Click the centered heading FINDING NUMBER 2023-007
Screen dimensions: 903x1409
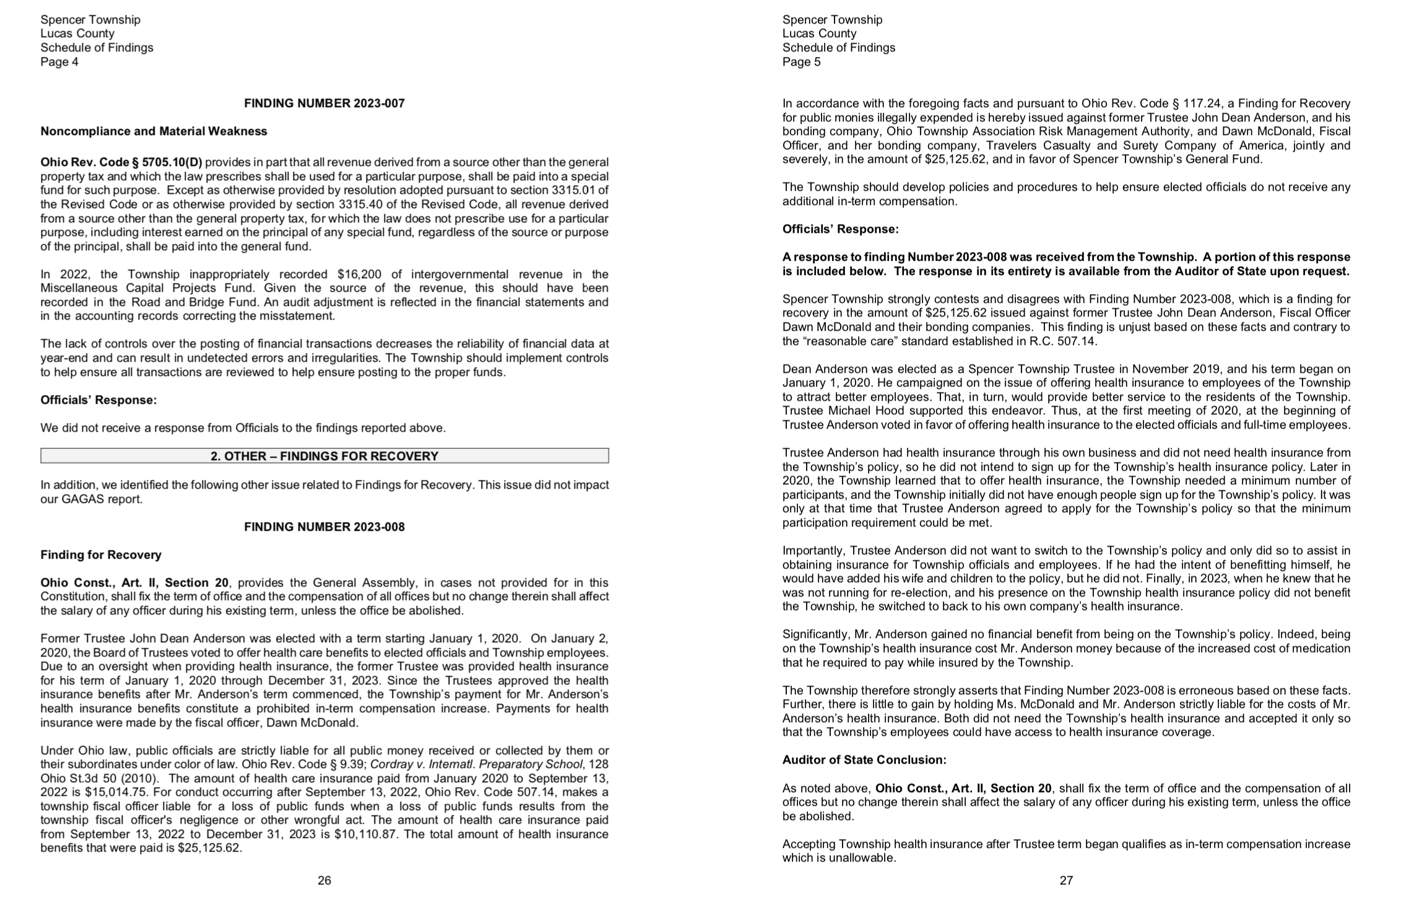pyautogui.click(x=324, y=103)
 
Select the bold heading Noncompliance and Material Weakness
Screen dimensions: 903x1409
pyautogui.click(x=154, y=131)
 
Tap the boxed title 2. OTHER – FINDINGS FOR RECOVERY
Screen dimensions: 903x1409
pyautogui.click(x=324, y=456)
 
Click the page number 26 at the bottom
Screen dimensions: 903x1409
pyautogui.click(x=324, y=880)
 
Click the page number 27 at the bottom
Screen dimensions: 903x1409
pyautogui.click(x=1066, y=880)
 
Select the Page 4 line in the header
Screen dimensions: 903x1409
pyautogui.click(x=59, y=62)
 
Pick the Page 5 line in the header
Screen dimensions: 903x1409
pyautogui.click(x=801, y=62)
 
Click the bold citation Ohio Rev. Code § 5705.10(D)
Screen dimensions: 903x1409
pyautogui.click(x=121, y=162)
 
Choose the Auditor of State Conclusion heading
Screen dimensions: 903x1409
pyautogui.click(x=864, y=760)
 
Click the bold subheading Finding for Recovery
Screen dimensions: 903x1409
pyautogui.click(x=101, y=555)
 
